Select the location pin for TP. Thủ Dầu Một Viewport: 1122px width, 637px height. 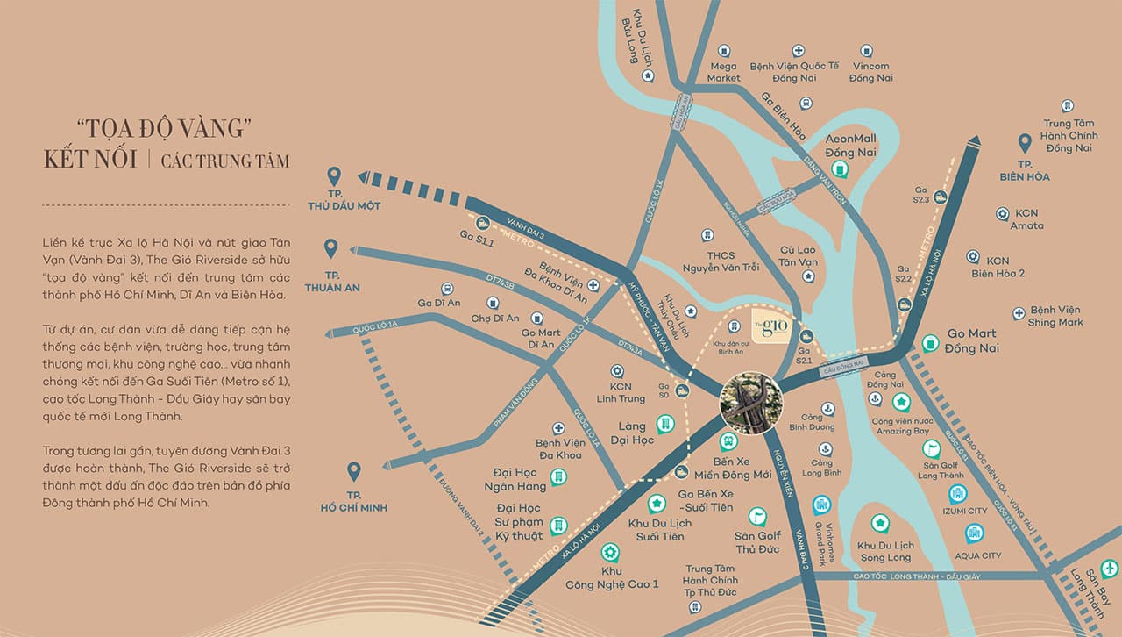tap(333, 177)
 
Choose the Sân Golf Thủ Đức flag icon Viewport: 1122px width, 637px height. tap(757, 516)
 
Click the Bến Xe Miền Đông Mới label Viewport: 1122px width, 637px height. tap(729, 468)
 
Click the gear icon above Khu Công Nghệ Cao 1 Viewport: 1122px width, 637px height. tap(610, 553)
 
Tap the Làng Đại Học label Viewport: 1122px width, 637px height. tap(633, 433)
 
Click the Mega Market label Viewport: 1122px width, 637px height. tap(723, 72)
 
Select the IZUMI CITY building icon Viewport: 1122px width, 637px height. tap(957, 493)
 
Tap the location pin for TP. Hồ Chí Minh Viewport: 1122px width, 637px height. tap(354, 473)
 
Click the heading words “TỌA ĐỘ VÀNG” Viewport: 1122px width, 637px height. tap(159, 129)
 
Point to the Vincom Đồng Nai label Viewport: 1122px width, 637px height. tap(870, 72)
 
